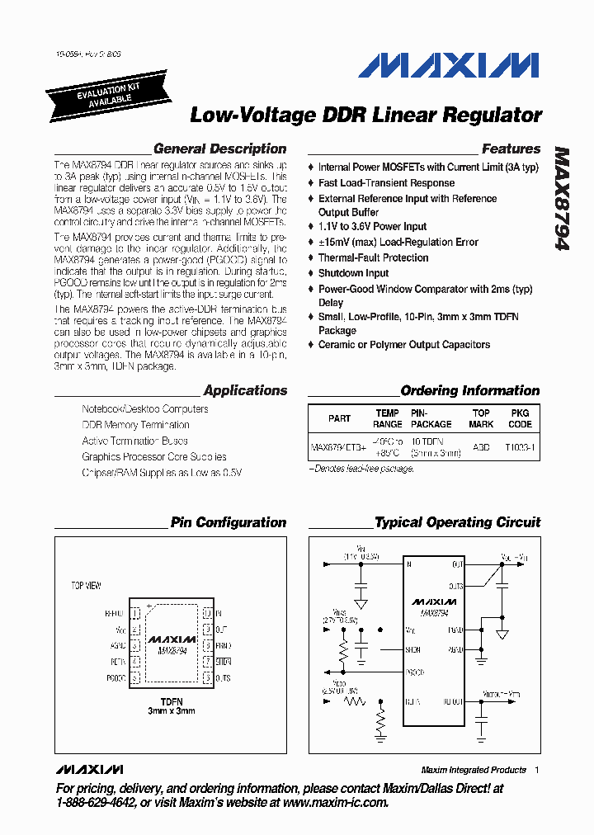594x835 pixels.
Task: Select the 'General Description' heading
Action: coord(219,149)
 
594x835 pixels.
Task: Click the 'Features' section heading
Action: coord(511,149)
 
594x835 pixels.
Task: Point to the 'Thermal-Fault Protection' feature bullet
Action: coord(373,257)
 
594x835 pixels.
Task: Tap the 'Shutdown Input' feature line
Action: coord(353,272)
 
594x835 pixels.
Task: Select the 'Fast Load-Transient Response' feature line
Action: coord(386,183)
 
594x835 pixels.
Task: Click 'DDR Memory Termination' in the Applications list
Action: coord(135,425)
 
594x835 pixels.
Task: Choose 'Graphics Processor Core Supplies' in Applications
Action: coord(153,456)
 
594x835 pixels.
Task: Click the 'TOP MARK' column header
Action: coord(481,418)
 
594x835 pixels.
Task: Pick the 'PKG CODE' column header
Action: coord(520,418)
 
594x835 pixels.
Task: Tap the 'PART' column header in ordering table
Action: coord(339,418)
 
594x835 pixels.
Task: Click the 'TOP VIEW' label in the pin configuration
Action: coord(86,586)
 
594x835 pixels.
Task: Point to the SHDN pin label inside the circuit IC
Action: coord(413,649)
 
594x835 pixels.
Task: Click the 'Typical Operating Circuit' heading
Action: coord(457,522)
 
